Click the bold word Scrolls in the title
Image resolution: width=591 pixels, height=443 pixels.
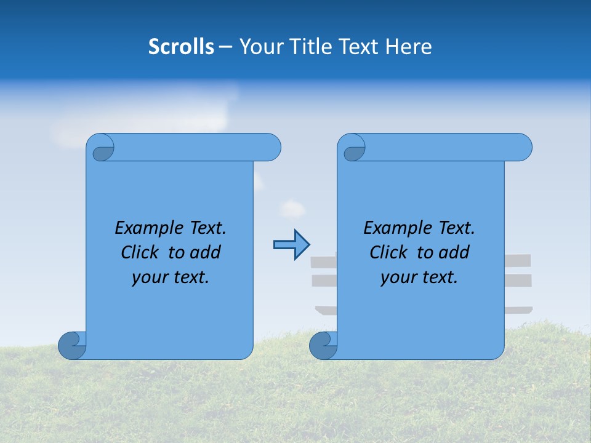click(181, 47)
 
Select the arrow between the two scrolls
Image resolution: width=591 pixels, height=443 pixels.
click(291, 245)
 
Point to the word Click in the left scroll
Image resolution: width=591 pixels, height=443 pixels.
click(140, 253)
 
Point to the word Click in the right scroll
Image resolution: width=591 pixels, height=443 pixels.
click(388, 253)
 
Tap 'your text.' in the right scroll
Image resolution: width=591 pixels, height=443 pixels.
click(419, 277)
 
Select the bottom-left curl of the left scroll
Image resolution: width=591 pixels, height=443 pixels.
click(72, 345)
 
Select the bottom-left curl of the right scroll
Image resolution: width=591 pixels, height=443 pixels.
click(323, 345)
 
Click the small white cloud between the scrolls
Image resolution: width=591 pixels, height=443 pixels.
click(292, 209)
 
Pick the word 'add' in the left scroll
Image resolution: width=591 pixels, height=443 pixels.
click(205, 253)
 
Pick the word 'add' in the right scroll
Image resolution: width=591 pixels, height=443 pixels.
click(454, 253)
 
